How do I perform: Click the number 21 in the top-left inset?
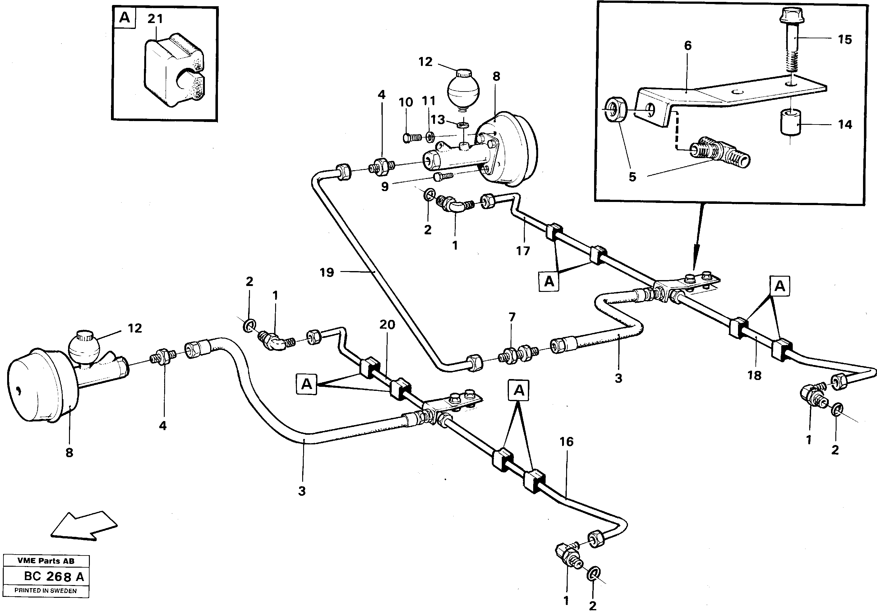pos(155,19)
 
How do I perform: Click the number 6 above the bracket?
pos(688,46)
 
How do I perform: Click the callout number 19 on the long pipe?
pos(327,272)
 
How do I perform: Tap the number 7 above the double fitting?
pos(512,317)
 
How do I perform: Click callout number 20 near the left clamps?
pos(387,325)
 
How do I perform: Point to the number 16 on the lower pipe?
pos(566,442)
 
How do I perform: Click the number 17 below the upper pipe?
pos(523,251)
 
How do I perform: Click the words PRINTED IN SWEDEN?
pos(45,590)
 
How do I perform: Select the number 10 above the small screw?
pos(406,102)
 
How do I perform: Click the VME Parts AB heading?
pos(46,561)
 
